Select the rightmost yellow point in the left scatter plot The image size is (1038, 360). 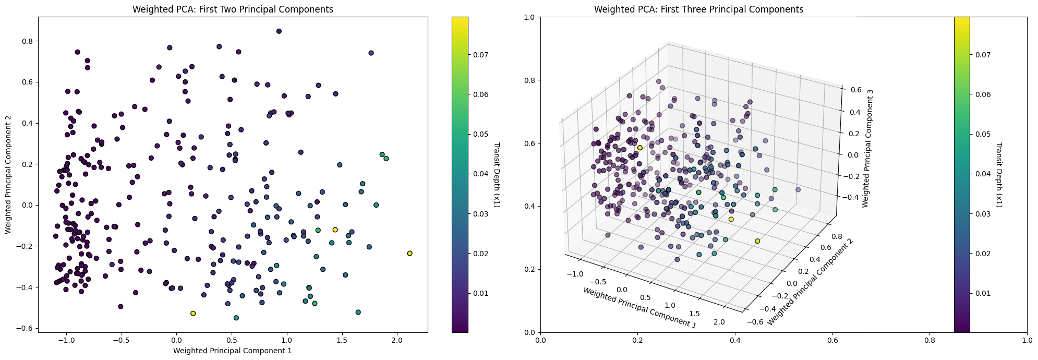[409, 254]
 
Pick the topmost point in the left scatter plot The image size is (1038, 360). [279, 31]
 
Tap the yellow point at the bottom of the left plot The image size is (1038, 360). [193, 314]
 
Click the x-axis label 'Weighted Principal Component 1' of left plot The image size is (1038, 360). [233, 351]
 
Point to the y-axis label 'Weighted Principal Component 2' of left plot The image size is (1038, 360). [8, 175]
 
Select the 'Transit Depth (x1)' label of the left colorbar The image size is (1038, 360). [496, 175]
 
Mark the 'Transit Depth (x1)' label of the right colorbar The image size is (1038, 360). [999, 175]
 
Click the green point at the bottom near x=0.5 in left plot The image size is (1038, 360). [236, 318]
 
